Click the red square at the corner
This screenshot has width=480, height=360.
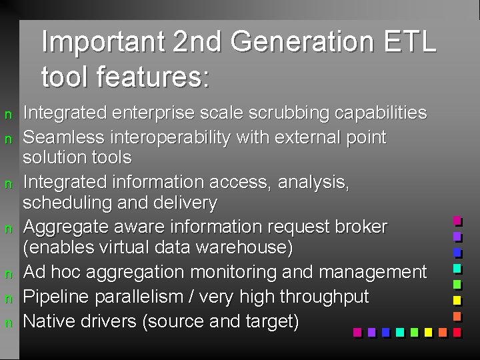point(457,331)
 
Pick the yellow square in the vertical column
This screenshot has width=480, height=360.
point(457,300)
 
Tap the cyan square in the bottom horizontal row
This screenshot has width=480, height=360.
point(399,331)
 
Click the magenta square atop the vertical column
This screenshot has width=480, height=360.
point(457,220)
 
